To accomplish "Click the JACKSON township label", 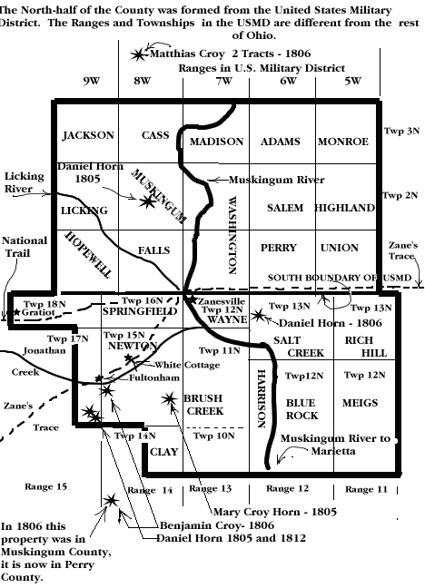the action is (x=88, y=135).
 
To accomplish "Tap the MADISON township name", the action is (x=217, y=142).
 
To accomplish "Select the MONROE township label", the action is (x=343, y=142).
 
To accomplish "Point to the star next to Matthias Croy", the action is (x=139, y=54).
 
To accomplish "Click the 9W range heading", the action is (x=92, y=81).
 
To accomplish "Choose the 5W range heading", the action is (x=352, y=81).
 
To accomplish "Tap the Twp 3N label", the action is (x=401, y=131).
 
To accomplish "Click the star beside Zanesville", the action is (x=193, y=299).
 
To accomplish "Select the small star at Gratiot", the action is (x=16, y=311).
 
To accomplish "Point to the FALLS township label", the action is (x=154, y=250).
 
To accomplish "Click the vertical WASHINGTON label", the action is (x=232, y=235).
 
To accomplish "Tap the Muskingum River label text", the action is (x=277, y=180).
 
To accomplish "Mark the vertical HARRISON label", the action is (x=262, y=398).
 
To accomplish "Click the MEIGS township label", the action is (x=360, y=403).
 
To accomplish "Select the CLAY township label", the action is (x=164, y=452).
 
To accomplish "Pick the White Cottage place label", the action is (x=187, y=365).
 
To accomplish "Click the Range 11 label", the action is (x=366, y=489).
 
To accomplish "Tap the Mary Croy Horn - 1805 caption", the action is (x=275, y=512).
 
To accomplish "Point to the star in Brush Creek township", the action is (x=169, y=399).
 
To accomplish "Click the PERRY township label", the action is (x=279, y=248).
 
